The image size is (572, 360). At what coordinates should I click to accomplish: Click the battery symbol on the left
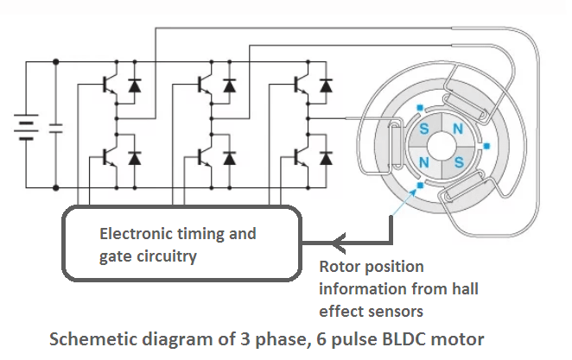coord(26,125)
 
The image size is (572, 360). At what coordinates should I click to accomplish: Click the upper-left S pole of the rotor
coord(424,129)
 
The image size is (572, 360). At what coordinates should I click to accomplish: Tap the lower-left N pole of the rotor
coord(424,161)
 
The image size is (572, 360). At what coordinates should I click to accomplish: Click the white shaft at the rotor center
coord(440,145)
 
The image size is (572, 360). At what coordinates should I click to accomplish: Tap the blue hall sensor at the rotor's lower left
coord(419,184)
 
